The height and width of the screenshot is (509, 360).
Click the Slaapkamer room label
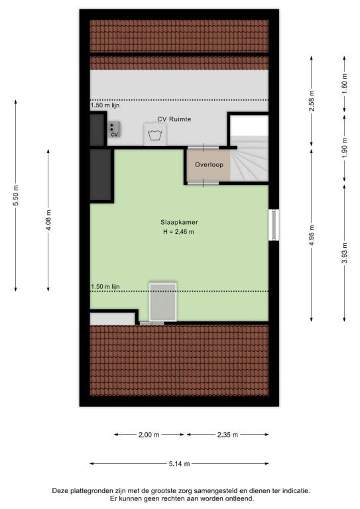click(x=179, y=223)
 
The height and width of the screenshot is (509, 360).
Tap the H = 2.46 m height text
click(x=178, y=232)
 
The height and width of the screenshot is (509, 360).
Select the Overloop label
click(x=209, y=164)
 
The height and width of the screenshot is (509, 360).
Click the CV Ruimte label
click(x=174, y=119)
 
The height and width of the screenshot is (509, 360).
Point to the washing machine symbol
click(x=156, y=135)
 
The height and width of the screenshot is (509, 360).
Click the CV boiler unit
click(x=113, y=129)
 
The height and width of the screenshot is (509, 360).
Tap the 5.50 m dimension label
click(x=16, y=196)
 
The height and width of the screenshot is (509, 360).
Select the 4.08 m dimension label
click(x=48, y=220)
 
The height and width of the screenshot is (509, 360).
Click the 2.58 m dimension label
click(x=312, y=101)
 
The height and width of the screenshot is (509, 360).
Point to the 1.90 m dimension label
click(x=344, y=148)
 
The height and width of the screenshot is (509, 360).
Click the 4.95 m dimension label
click(x=312, y=236)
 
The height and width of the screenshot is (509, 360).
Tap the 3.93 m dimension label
click(x=344, y=253)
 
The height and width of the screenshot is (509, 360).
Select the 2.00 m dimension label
click(x=149, y=435)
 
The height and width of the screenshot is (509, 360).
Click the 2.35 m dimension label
click(x=227, y=435)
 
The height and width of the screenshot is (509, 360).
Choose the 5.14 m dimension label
click(x=179, y=464)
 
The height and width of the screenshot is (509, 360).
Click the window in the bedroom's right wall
click(x=274, y=225)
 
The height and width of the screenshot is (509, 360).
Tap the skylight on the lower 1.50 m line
click(x=163, y=302)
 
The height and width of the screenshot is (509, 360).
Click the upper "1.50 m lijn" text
click(x=105, y=105)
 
